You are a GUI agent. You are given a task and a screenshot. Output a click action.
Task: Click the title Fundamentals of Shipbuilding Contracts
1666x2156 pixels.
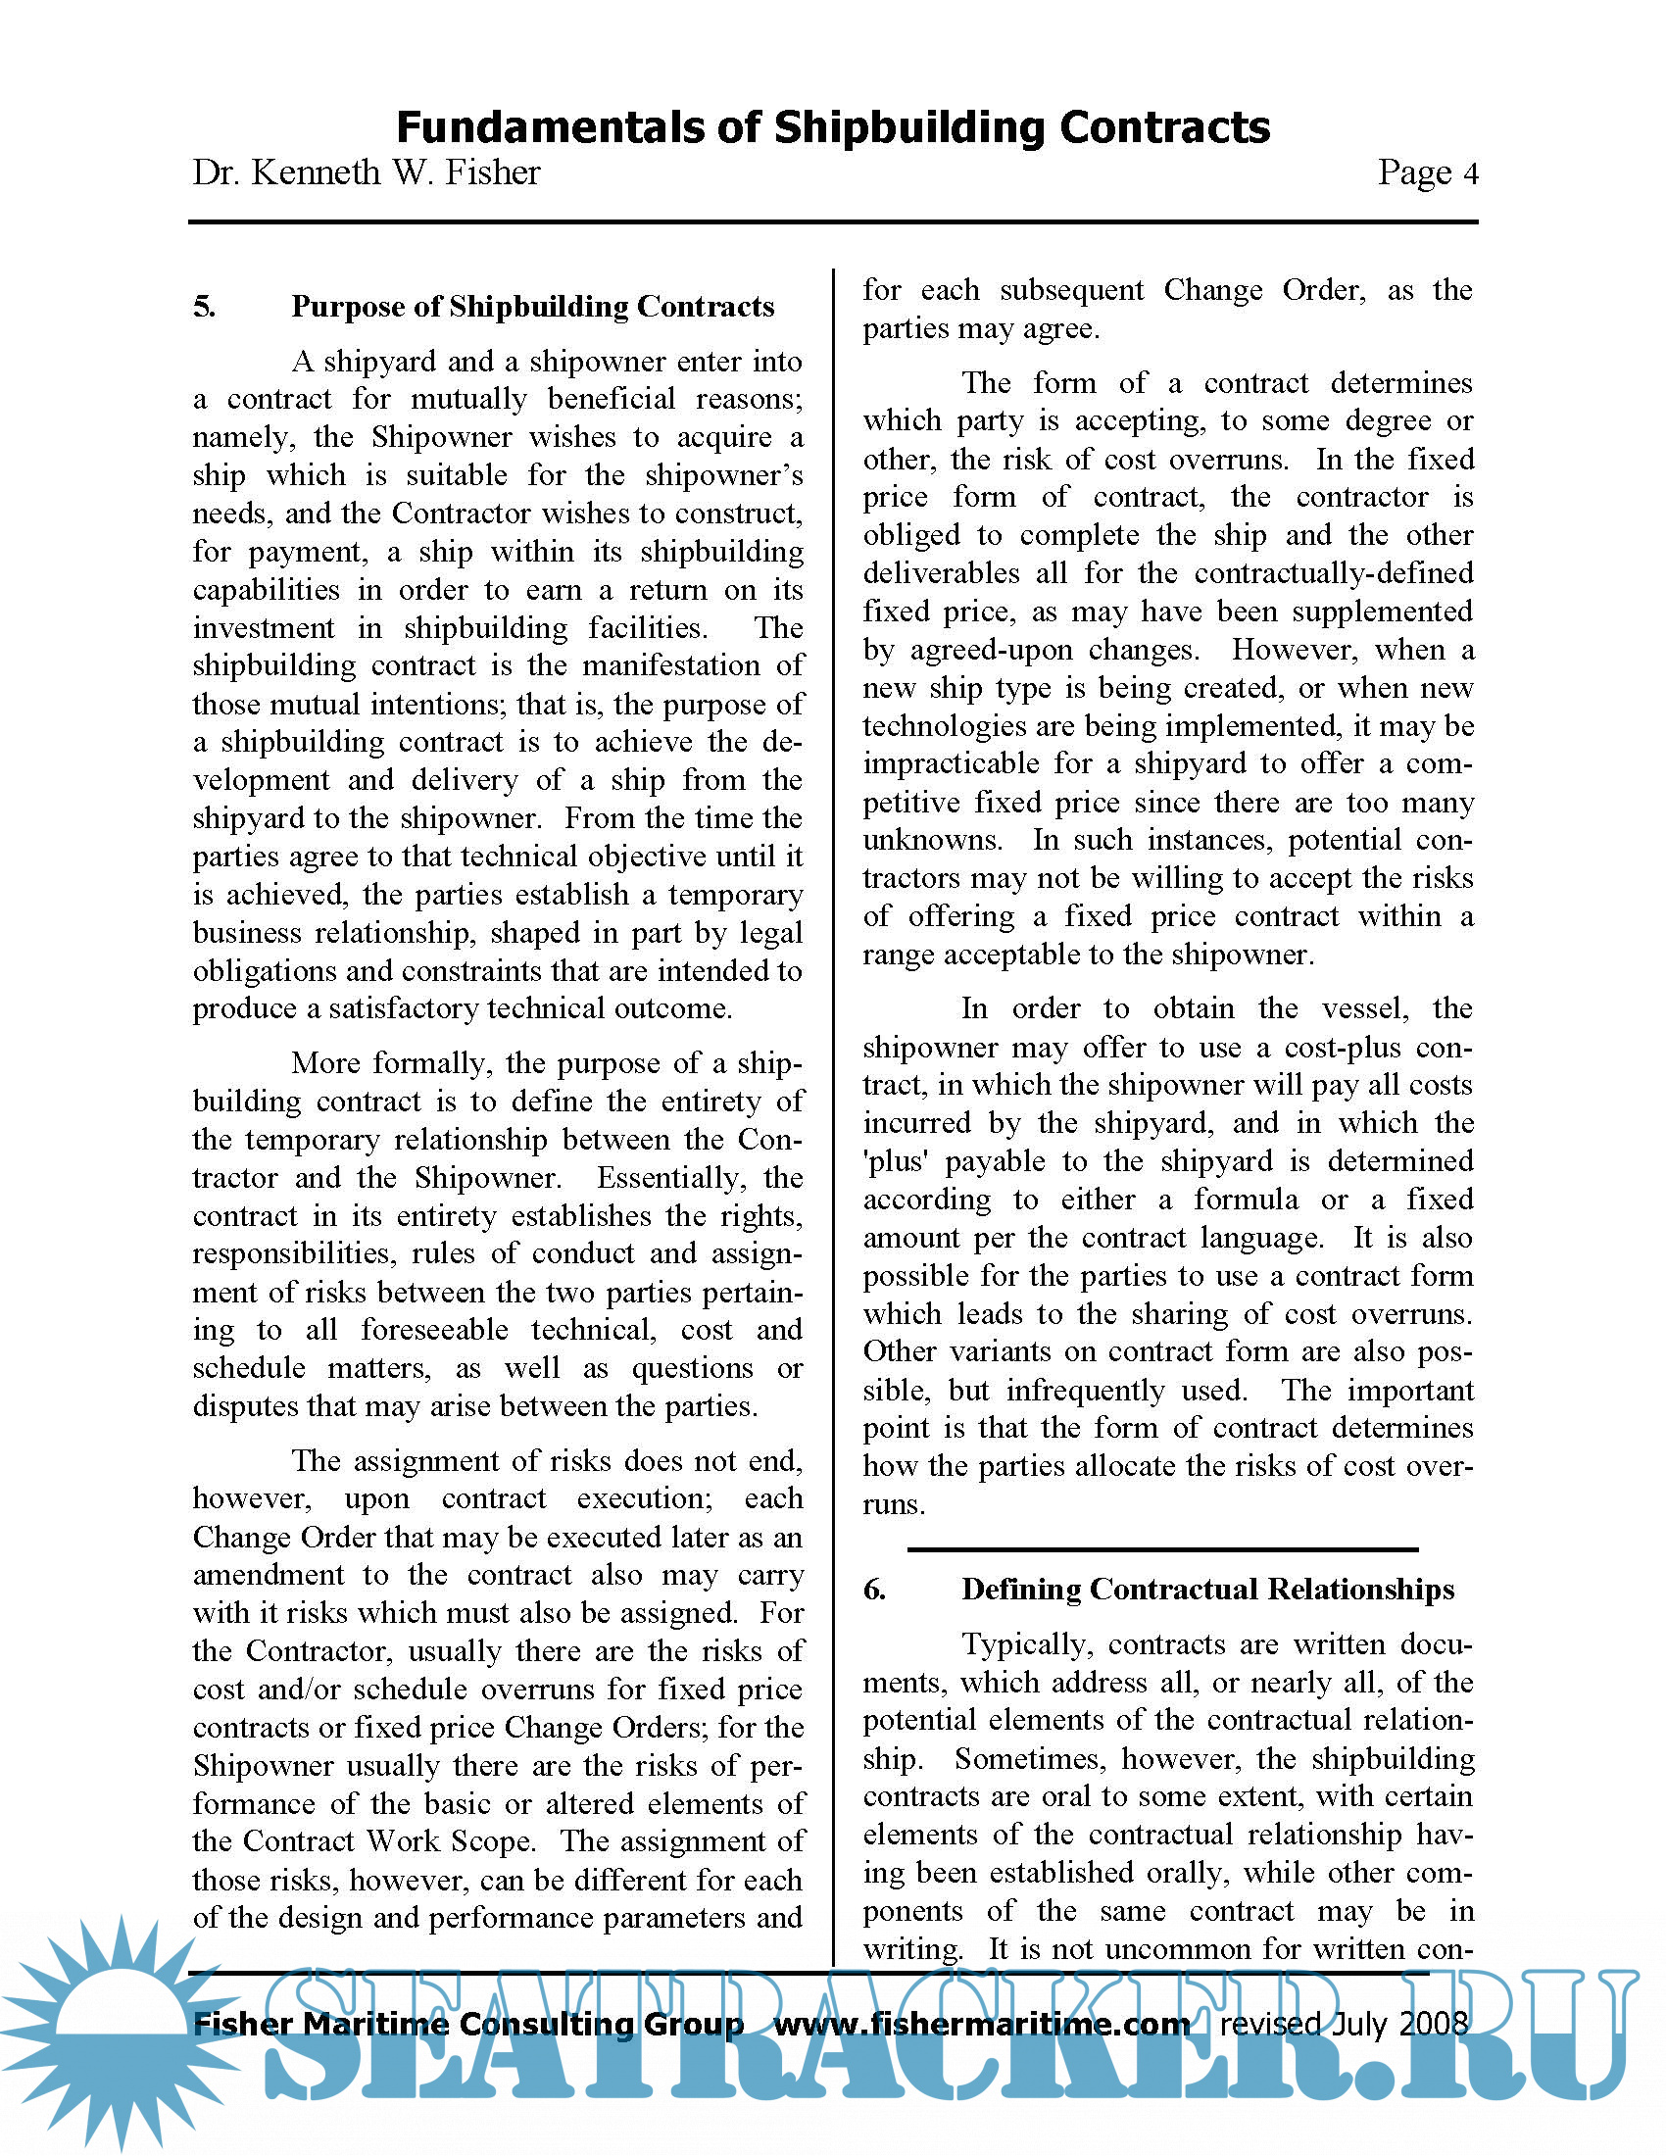(832, 127)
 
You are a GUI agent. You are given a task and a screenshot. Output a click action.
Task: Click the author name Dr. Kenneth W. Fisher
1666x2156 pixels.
(367, 172)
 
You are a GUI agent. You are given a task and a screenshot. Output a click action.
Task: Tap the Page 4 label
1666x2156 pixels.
(1427, 172)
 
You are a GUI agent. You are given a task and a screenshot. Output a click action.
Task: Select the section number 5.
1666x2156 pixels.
(204, 307)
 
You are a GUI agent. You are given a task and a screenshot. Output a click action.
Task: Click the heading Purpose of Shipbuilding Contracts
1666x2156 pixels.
(532, 307)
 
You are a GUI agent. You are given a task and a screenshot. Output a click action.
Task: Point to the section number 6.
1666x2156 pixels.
(874, 1590)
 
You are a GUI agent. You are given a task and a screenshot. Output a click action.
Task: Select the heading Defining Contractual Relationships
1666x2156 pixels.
(1207, 1590)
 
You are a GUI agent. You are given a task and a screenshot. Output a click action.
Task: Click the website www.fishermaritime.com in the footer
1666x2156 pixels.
(981, 2024)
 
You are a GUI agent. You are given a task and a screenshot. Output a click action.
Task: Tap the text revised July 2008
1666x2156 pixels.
(1344, 2024)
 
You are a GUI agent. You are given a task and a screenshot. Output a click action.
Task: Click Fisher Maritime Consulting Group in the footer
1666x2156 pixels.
(467, 2024)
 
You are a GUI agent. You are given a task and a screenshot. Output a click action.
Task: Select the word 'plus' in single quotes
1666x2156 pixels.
(894, 1161)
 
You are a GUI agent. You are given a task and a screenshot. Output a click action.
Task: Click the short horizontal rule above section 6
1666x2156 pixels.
(1162, 1548)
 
